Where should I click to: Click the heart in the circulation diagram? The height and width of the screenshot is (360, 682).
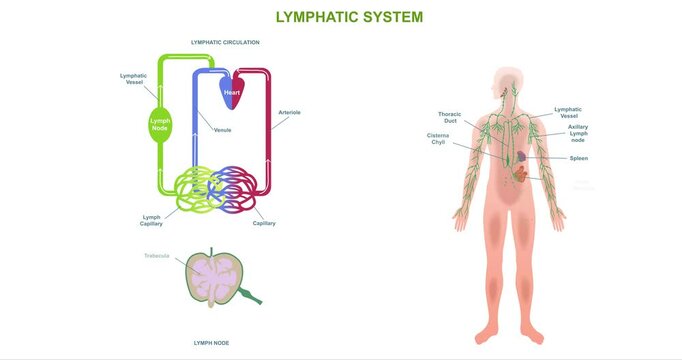pyautogui.click(x=231, y=92)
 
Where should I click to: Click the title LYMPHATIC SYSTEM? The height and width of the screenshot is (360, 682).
pyautogui.click(x=349, y=17)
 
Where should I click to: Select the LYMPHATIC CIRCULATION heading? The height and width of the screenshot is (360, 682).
pyautogui.click(x=225, y=43)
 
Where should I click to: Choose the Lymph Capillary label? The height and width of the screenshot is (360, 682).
pyautogui.click(x=151, y=220)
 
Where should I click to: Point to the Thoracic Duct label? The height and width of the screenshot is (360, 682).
pyautogui.click(x=449, y=117)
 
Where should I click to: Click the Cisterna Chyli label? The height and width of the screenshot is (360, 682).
pyautogui.click(x=438, y=138)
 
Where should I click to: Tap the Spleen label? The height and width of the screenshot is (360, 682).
pyautogui.click(x=578, y=158)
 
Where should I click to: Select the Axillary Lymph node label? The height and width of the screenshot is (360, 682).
pyautogui.click(x=578, y=133)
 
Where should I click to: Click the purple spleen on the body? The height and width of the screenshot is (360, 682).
pyautogui.click(x=521, y=156)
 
